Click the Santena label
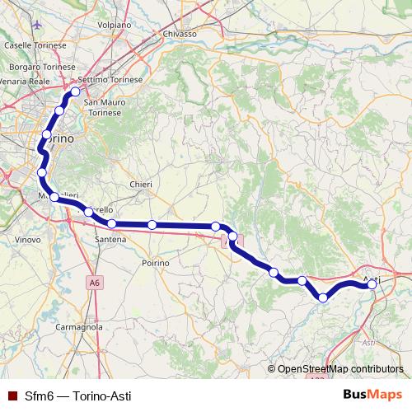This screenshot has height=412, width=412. pos(110,239)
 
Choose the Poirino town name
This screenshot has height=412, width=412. pos(154,262)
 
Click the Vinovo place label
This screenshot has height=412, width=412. pos(28,239)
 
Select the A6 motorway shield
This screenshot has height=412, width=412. pos(96,282)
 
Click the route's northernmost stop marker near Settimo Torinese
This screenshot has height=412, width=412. pos(75,92)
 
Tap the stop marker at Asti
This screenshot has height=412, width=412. pos(372,284)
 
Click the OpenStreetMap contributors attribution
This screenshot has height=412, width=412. pos(340,369)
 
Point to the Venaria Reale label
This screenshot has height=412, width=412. pos(22,82)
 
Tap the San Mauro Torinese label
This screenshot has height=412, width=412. pos(105,106)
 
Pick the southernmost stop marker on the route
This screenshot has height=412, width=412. pos(324,297)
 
